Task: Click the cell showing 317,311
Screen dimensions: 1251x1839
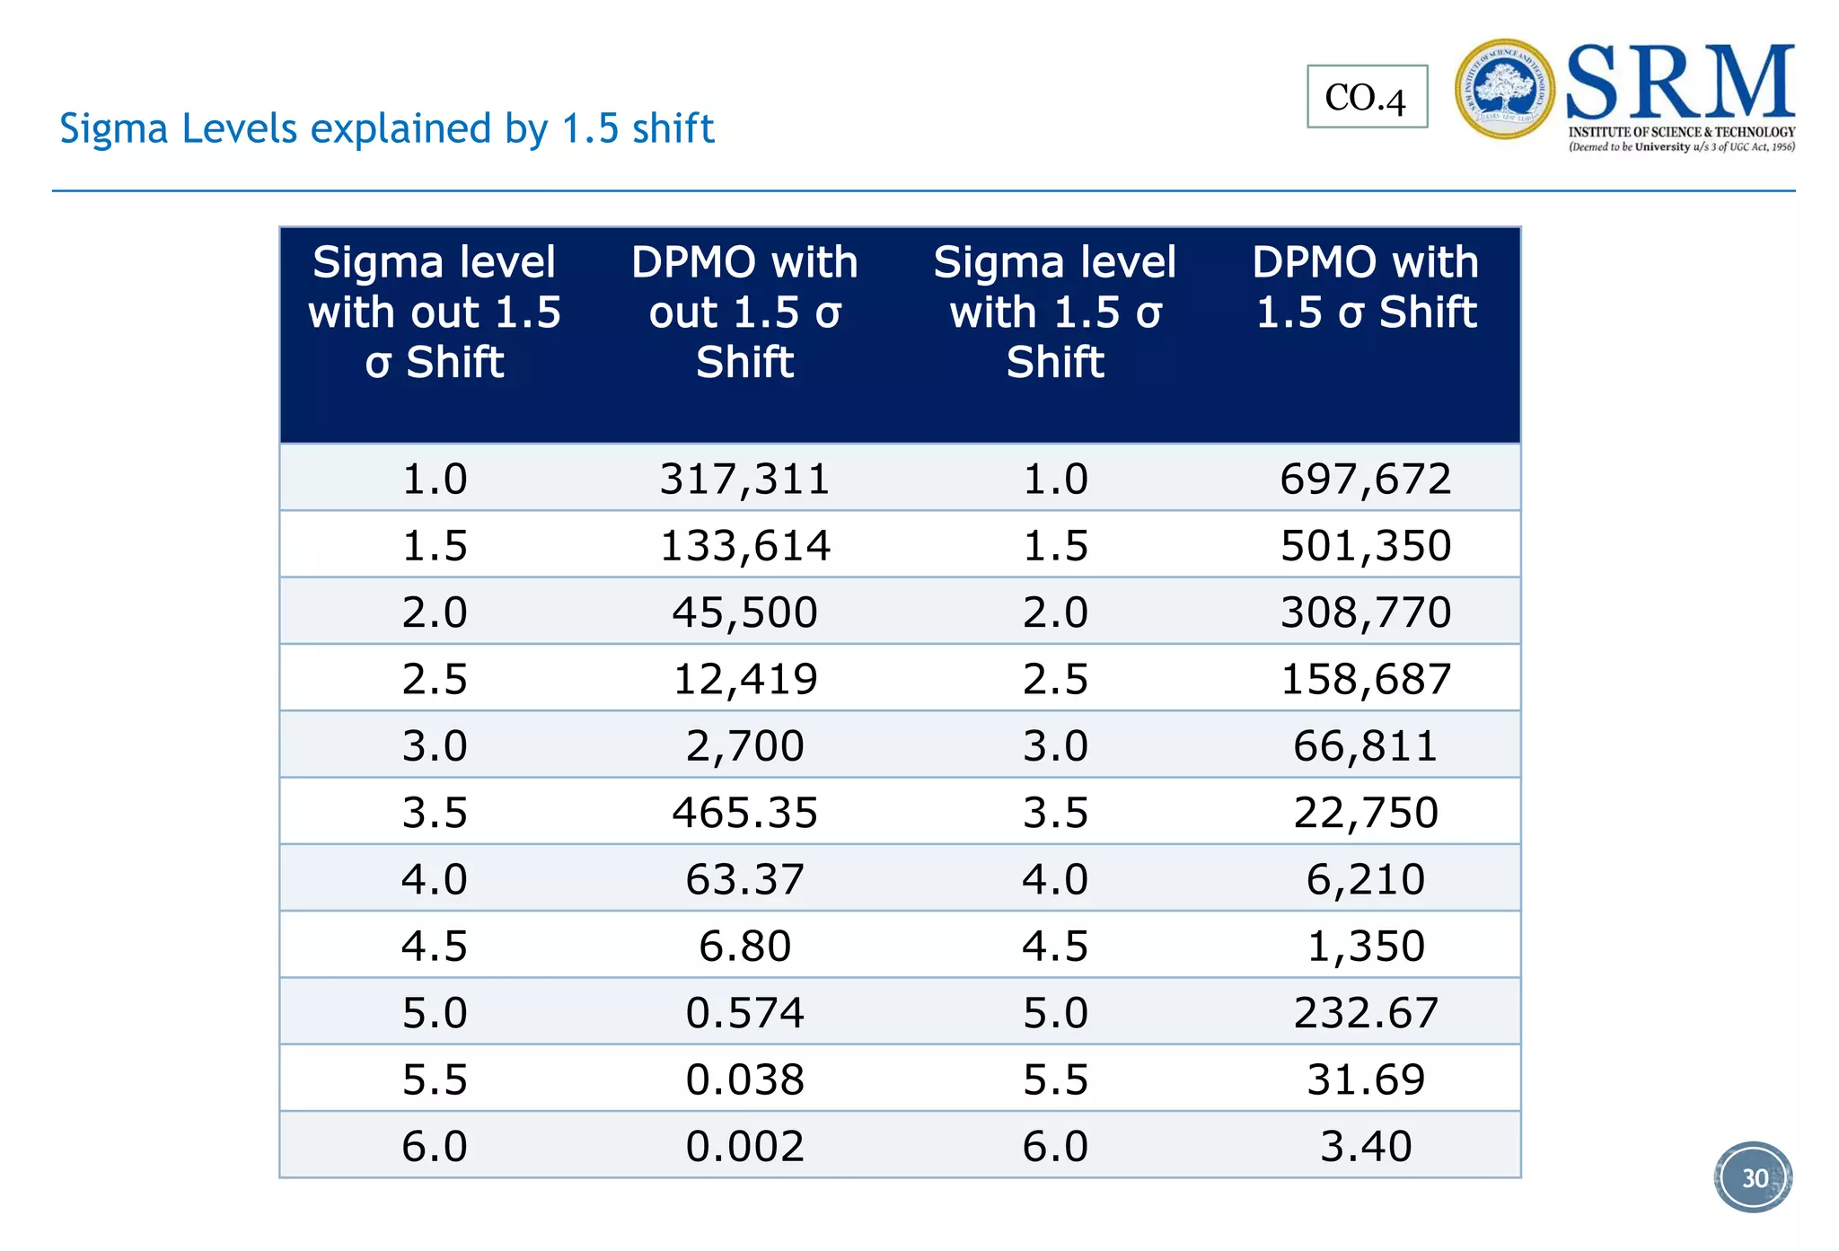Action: (744, 479)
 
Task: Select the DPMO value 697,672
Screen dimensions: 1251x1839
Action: (1365, 479)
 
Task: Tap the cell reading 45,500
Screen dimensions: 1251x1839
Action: (744, 612)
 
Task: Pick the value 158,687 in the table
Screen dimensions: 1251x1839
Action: (1365, 679)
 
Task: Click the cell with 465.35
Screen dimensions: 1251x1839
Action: (744, 813)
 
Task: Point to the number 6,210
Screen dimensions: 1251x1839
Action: (1365, 879)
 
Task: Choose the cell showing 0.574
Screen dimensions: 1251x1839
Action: (744, 1013)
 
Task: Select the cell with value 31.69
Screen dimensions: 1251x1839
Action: (1365, 1079)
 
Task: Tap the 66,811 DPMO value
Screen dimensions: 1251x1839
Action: (1365, 746)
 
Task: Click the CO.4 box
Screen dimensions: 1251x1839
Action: (1366, 97)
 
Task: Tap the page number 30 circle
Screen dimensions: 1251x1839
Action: (1753, 1177)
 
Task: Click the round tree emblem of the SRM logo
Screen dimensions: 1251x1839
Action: (1504, 89)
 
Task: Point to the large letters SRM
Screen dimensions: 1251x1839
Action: (1679, 84)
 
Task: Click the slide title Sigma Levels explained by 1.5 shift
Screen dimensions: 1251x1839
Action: (386, 128)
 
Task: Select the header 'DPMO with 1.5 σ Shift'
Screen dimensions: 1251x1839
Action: (1365, 287)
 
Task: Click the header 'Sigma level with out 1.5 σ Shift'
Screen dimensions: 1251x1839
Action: (435, 313)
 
